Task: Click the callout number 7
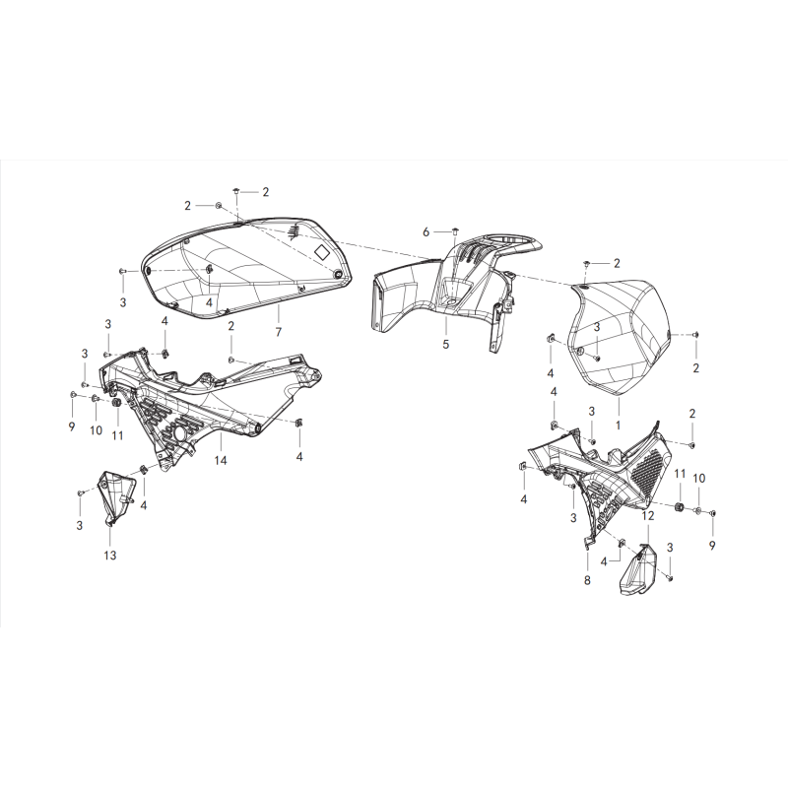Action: (279, 332)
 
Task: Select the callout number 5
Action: (446, 344)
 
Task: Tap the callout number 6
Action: (427, 232)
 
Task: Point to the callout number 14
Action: (221, 460)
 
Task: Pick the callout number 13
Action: (110, 555)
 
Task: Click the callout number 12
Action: (648, 515)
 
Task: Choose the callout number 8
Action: (587, 580)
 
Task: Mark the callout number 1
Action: (619, 426)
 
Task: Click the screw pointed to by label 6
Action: (456, 231)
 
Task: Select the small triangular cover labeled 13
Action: (117, 496)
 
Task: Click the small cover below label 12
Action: (637, 570)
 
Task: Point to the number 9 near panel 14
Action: (72, 427)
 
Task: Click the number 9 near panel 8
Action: (712, 545)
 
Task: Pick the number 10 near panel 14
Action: (96, 430)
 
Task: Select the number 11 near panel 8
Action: (680, 474)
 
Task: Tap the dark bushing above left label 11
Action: (116, 404)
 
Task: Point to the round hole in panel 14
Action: (178, 434)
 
